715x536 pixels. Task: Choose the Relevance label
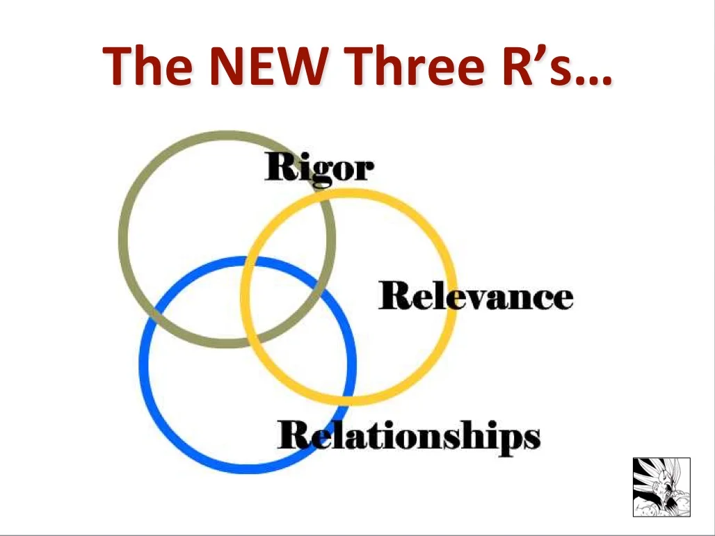476,296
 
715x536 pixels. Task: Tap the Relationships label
408,436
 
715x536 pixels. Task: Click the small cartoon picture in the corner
661,487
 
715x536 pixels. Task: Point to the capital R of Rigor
279,167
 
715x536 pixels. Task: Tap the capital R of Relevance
394,296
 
